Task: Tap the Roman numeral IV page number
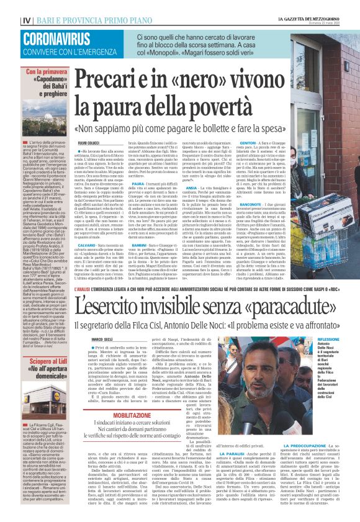coord(10,7)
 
